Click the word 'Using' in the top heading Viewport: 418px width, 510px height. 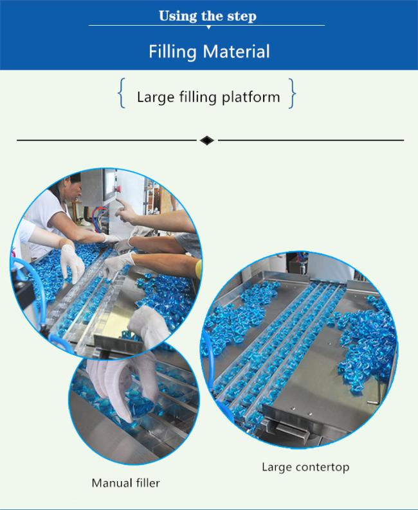178,16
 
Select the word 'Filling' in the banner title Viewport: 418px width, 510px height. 172,52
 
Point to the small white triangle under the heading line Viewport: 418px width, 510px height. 208,28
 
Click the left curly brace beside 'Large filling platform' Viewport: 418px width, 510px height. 122,93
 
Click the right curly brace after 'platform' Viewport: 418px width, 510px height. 292,93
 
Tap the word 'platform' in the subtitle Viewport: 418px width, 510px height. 251,97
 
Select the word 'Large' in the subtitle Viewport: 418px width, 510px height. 156,98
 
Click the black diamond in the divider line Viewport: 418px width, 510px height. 207,141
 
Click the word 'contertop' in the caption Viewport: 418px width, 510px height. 323,468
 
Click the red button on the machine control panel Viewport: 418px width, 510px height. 119,189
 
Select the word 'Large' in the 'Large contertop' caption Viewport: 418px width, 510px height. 277,468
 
